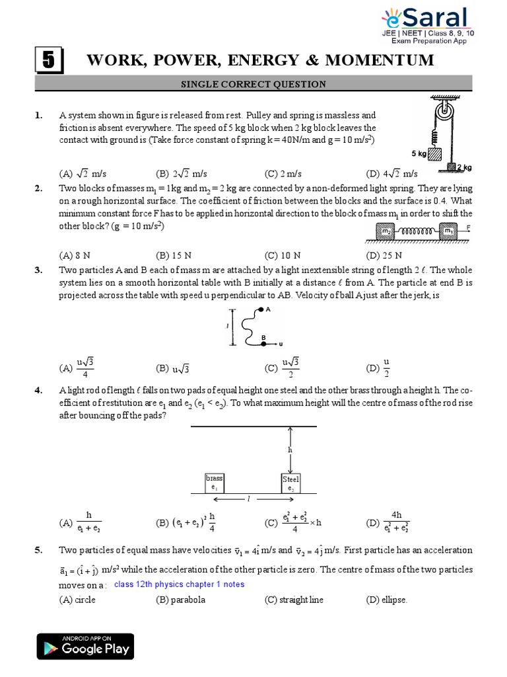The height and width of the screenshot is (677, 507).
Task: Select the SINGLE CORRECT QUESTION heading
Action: [x=253, y=84]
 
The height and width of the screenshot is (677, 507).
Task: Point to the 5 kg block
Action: [x=434, y=153]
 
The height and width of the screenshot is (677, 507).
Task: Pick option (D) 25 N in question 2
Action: [x=384, y=255]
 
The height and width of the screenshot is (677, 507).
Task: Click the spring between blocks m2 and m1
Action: [x=414, y=231]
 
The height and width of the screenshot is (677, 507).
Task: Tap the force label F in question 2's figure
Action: [x=467, y=226]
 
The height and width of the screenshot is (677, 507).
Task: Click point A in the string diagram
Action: [x=262, y=309]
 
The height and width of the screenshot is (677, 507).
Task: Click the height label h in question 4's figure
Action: [x=289, y=450]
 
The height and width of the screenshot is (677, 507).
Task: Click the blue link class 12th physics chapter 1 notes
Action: [x=179, y=584]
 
